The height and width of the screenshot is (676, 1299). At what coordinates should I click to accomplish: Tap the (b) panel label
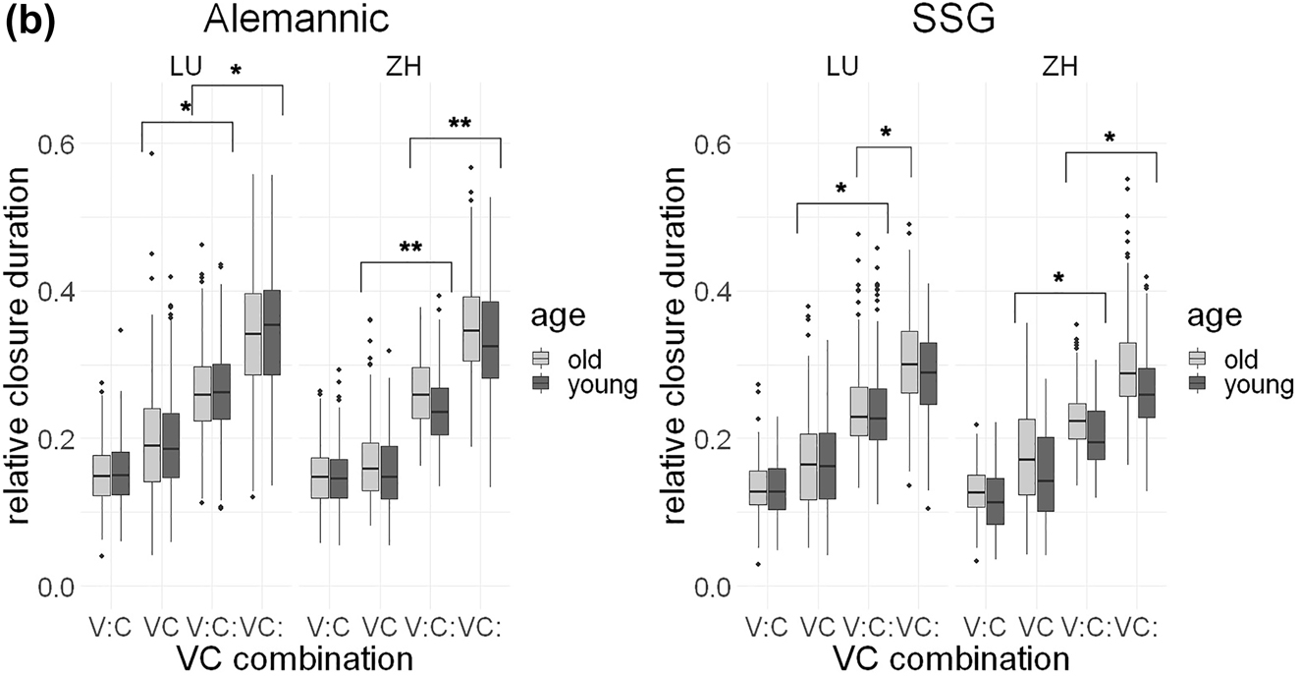[x=30, y=22]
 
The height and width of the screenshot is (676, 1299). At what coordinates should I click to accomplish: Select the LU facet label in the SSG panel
[x=842, y=67]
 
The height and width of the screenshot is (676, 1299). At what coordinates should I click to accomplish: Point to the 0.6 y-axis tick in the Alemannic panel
[x=54, y=143]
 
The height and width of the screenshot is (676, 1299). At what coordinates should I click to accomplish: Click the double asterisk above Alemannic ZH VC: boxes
[x=459, y=125]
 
